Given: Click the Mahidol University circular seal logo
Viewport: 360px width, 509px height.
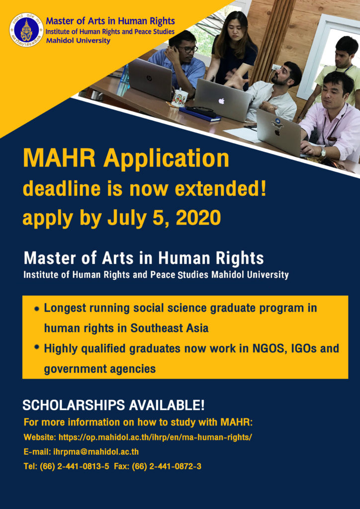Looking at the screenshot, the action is pos(26,30).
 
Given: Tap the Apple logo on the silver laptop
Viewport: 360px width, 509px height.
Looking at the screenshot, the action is pos(221,101).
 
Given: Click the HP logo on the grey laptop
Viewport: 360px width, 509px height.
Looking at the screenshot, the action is pos(149,78).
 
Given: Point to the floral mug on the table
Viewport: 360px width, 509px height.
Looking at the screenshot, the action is pos(179,98).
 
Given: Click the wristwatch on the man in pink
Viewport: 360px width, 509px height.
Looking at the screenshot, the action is pos(323,152).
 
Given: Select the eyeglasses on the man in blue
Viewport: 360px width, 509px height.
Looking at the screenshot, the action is pos(188,49).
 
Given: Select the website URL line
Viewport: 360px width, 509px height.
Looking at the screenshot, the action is pos(138,437).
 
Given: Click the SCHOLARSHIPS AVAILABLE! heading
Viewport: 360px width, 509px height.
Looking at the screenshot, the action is pos(113,405).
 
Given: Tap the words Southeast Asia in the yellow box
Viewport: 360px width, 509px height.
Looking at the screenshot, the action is pos(170,328).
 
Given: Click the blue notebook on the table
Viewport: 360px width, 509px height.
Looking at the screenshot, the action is pos(199,114).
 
